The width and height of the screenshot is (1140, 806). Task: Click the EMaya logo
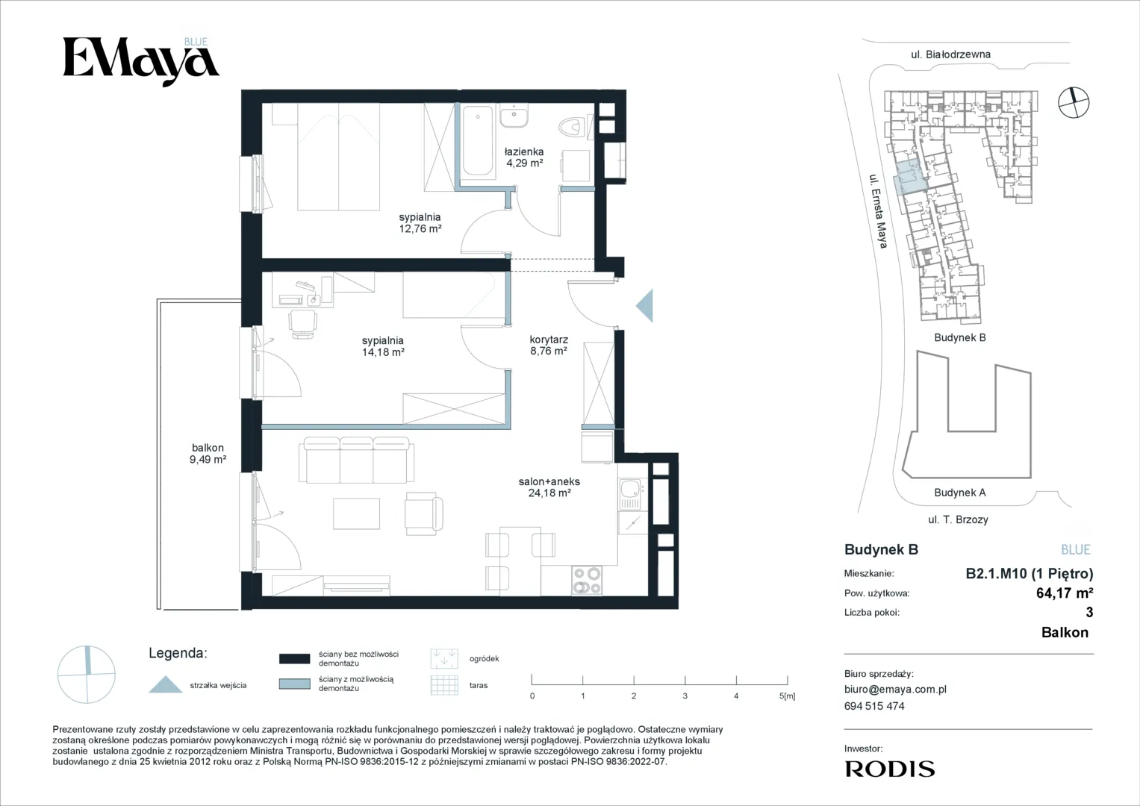pos(141,61)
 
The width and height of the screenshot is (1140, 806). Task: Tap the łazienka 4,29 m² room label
pos(524,157)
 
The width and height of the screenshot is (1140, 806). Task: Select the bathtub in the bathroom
pos(478,140)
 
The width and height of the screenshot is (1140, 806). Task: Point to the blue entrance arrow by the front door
pos(645,305)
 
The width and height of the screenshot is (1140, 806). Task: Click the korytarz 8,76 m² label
pos(549,345)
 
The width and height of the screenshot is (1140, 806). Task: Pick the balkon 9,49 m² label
pos(208,454)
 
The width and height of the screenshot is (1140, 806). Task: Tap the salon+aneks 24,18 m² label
pos(549,487)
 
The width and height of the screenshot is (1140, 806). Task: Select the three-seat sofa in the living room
pos(356,460)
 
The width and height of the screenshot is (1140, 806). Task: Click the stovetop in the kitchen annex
pos(587,581)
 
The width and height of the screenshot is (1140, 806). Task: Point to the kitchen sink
pos(632,494)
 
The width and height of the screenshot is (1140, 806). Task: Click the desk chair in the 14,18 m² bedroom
pos(302,323)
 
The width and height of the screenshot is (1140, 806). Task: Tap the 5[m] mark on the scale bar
pos(787,696)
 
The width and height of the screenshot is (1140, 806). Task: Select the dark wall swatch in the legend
pos(295,658)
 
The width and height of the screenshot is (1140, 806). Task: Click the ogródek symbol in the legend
pos(444,658)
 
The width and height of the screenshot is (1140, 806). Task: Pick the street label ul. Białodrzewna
pos(950,54)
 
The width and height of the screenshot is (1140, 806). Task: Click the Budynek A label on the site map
pos(960,493)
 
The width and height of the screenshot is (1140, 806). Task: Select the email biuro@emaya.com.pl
pos(895,690)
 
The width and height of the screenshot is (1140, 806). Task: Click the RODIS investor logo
pos(890,769)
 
